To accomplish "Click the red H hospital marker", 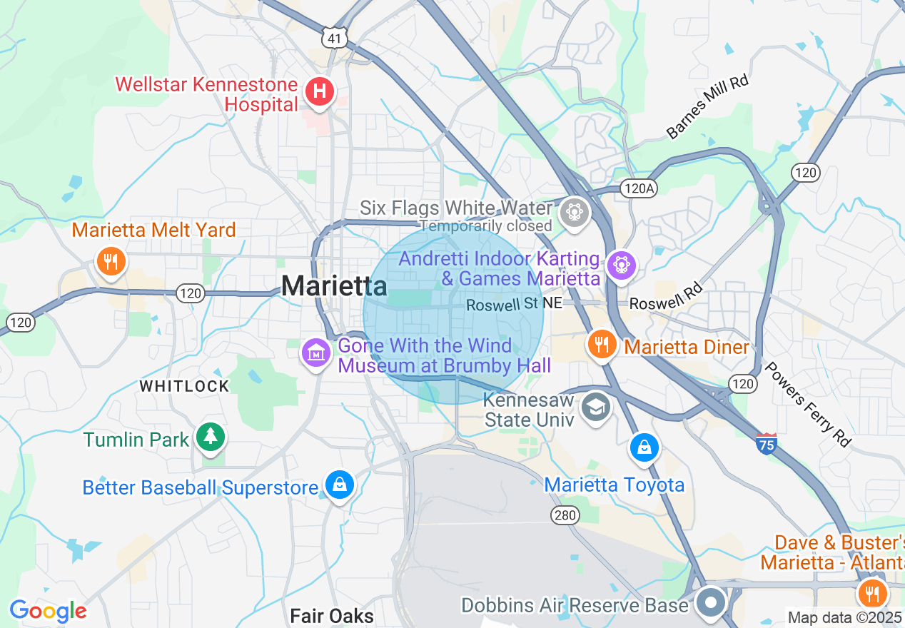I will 320,92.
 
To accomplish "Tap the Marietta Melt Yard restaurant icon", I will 110,260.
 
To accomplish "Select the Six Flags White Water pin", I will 572,212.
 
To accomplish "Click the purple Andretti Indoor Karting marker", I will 620,265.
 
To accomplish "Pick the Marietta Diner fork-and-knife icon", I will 602,345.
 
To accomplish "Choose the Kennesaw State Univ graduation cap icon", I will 595,407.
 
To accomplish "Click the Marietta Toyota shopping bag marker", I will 644,448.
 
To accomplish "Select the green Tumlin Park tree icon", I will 210,437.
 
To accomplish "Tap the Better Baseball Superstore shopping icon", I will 340,485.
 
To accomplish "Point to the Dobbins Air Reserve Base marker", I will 711,602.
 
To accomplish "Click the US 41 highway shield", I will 334,39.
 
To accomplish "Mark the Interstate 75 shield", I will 766,442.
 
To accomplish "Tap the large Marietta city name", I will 334,287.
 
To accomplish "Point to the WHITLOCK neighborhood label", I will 184,386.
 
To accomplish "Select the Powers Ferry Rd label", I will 808,404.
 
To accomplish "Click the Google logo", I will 48,611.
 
